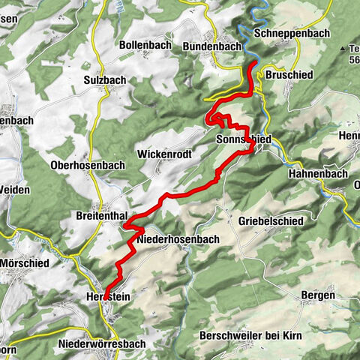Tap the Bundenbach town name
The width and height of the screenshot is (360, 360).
click(x=212, y=46)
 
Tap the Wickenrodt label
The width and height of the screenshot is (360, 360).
click(x=165, y=154)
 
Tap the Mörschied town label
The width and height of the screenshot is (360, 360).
click(x=24, y=263)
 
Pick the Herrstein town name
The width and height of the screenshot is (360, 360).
click(x=104, y=297)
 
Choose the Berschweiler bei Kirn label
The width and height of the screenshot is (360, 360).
click(x=251, y=334)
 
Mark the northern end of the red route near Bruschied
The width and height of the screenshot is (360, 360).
click(x=250, y=67)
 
